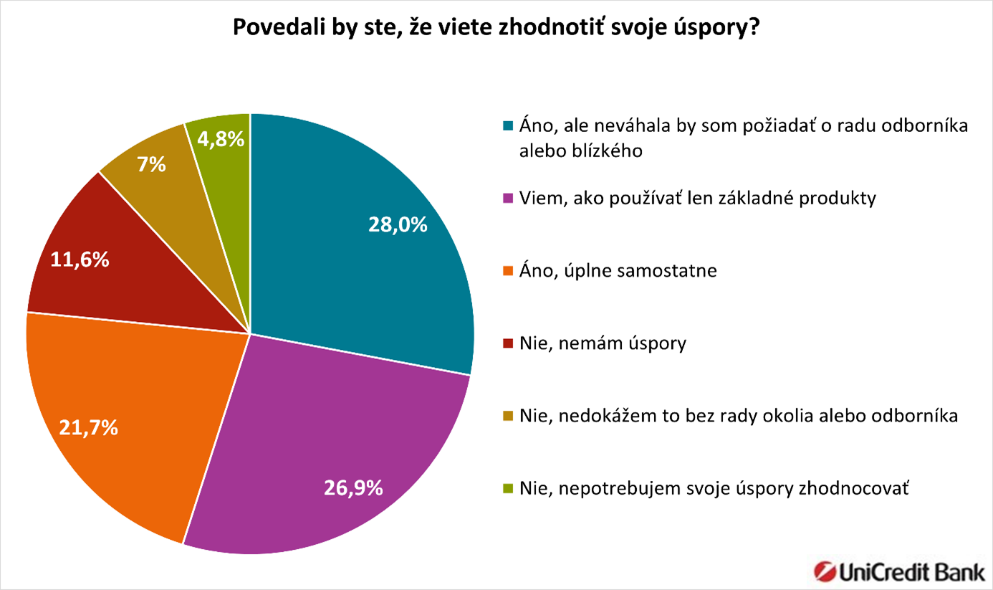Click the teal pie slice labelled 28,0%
click(x=358, y=265)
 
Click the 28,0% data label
click(x=398, y=225)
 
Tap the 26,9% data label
click(x=353, y=489)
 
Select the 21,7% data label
click(x=89, y=429)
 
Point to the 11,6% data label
click(x=80, y=260)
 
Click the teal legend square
click(x=508, y=126)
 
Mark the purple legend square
click(x=508, y=199)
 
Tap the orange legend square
click(x=508, y=271)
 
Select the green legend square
click(x=508, y=489)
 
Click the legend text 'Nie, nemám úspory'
click(x=603, y=343)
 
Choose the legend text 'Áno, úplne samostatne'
click(x=619, y=271)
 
